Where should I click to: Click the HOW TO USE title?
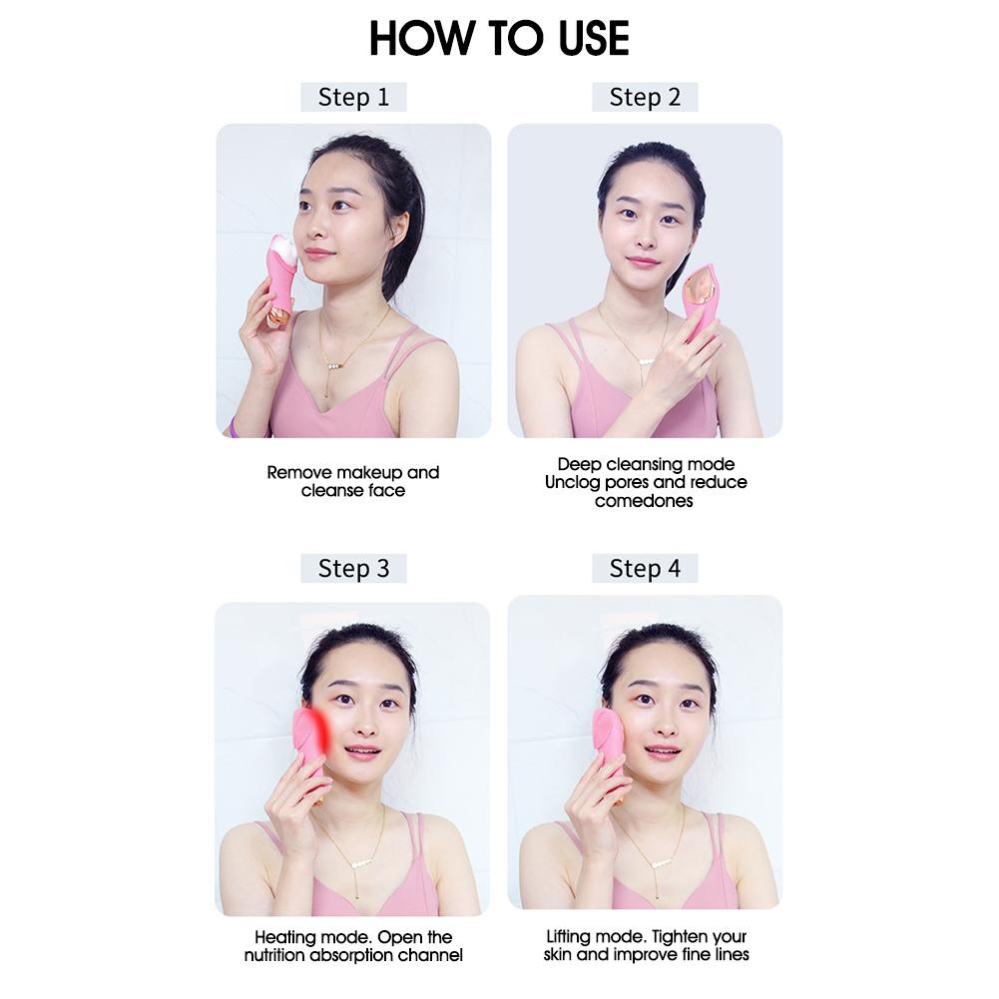(499, 38)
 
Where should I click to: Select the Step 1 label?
(353, 97)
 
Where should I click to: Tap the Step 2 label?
(645, 97)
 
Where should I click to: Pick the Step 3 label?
(353, 568)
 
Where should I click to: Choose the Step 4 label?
(645, 568)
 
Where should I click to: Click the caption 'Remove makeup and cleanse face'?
(353, 481)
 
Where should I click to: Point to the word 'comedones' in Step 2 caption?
(645, 501)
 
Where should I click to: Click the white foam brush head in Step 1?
(283, 247)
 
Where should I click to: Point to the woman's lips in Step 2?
(643, 262)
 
